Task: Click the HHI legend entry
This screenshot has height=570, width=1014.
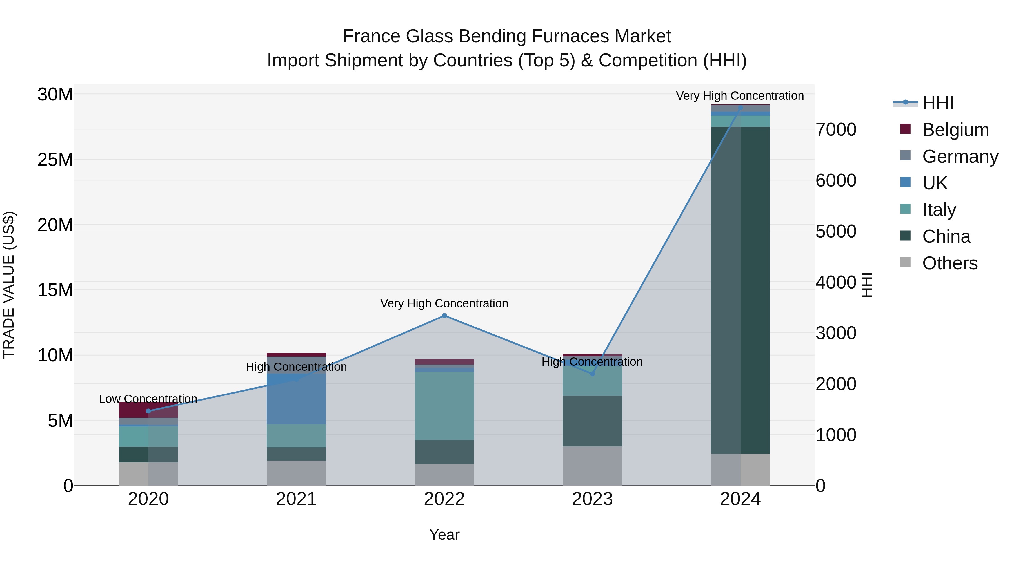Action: tap(937, 103)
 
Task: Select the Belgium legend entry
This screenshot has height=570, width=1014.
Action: tap(955, 130)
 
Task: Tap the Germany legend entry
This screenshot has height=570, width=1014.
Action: tap(960, 157)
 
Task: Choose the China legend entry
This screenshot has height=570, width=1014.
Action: tap(946, 237)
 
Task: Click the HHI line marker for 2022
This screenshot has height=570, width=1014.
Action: tap(444, 316)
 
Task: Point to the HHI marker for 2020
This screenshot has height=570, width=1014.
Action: tap(148, 411)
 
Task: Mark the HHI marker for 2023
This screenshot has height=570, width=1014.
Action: tap(592, 374)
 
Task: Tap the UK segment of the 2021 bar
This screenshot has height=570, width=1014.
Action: tap(296, 399)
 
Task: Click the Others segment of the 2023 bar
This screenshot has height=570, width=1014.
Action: tap(592, 466)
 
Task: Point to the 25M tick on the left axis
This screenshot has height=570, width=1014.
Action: tap(55, 160)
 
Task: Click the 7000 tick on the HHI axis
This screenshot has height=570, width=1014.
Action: tap(836, 130)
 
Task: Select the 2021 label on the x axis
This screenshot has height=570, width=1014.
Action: tap(296, 499)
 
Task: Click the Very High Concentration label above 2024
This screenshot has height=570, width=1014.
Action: tap(740, 96)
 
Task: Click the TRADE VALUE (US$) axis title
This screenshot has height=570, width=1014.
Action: tap(9, 285)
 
